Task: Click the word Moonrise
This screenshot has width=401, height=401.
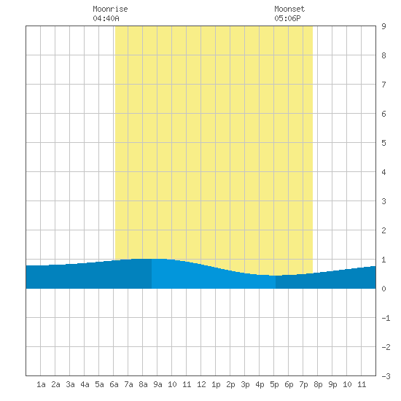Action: (110, 9)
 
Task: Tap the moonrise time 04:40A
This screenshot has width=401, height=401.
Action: (106, 18)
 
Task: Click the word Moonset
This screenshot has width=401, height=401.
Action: (289, 9)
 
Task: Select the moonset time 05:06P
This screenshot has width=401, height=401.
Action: (287, 18)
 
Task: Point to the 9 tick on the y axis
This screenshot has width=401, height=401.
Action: (384, 26)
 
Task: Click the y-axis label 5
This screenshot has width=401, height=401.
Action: (384, 143)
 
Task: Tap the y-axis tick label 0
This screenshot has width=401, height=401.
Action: (384, 289)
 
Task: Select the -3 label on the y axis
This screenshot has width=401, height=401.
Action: (386, 376)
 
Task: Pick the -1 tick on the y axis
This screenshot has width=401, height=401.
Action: (386, 318)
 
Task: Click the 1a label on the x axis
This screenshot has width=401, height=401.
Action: (41, 384)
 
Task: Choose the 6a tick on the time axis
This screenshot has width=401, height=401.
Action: (114, 384)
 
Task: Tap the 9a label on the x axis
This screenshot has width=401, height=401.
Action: (157, 384)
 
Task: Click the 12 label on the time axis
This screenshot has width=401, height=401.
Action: (201, 384)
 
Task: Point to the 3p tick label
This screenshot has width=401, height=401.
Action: (245, 384)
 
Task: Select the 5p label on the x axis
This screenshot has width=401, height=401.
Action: (274, 384)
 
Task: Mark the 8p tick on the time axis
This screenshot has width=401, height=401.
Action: (318, 384)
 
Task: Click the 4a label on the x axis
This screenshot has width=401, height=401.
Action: (85, 384)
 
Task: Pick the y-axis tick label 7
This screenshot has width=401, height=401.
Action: (384, 85)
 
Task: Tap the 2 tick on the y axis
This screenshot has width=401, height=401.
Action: (384, 230)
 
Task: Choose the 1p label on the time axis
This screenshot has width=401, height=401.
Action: (216, 384)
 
